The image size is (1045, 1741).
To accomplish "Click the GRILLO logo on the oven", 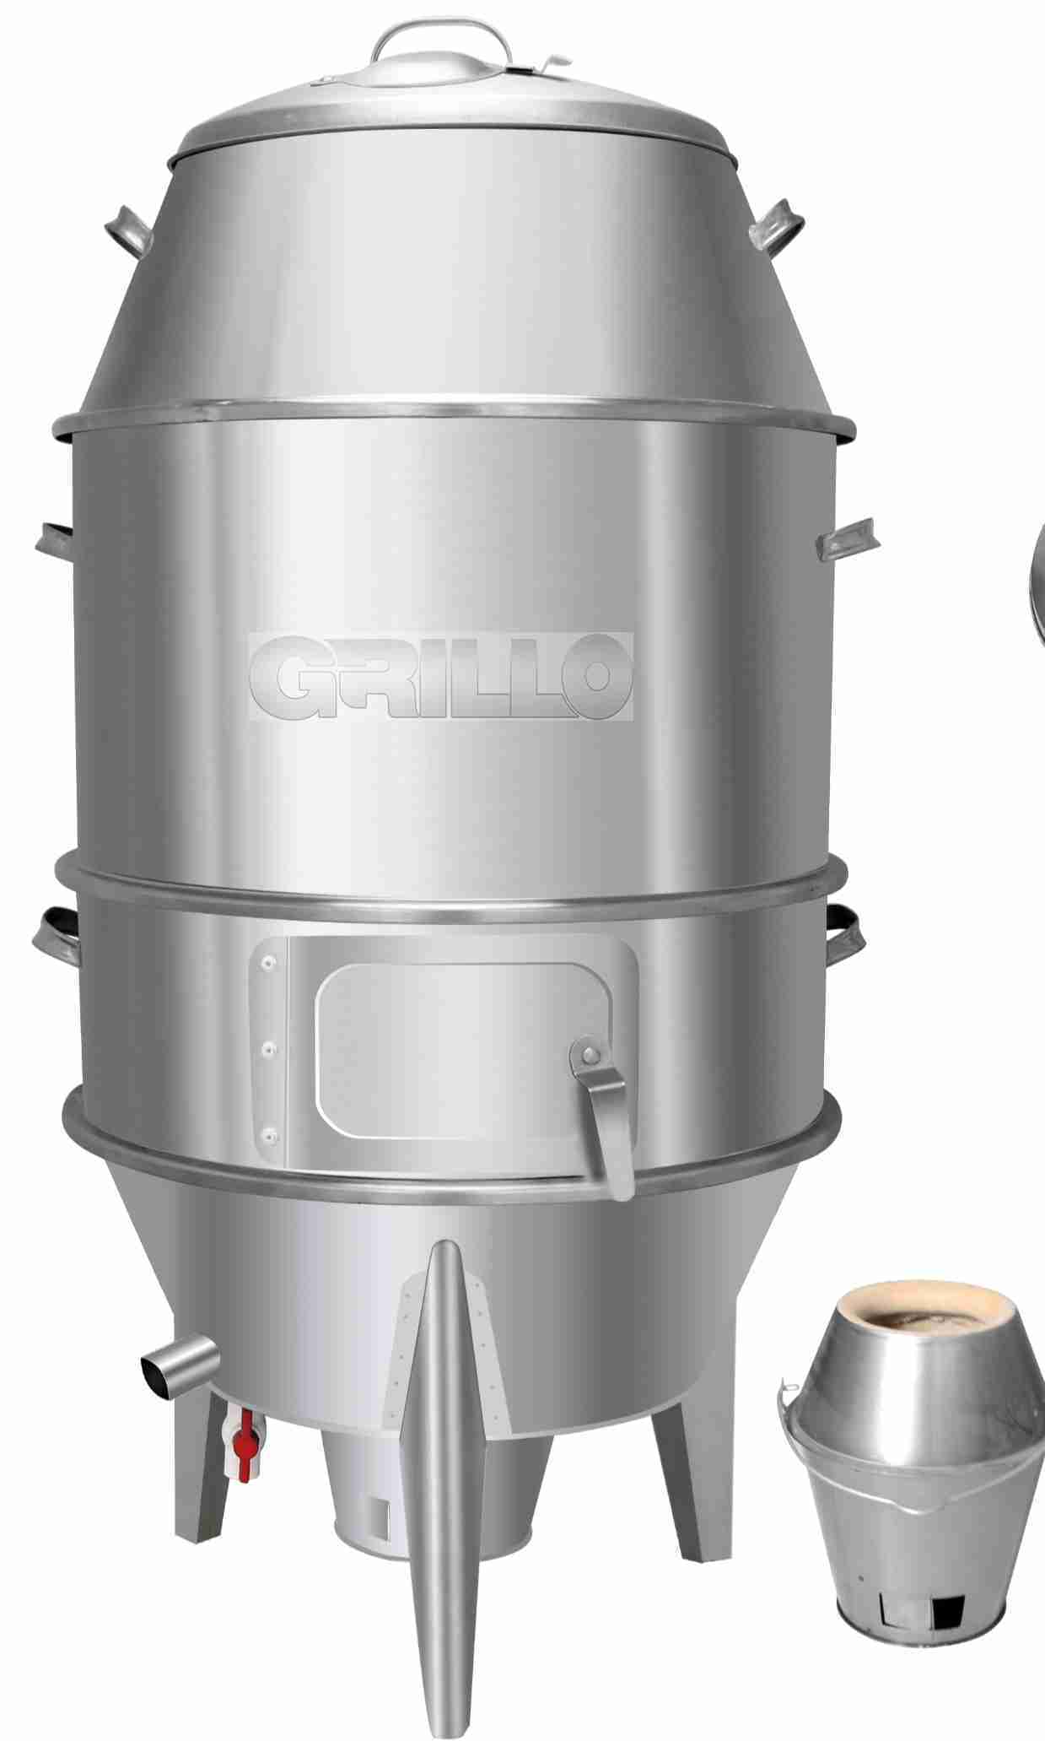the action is click(440, 676).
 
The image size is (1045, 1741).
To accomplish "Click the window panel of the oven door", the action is click(446, 1050).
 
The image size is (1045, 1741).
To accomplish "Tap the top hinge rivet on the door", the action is click(270, 961).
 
